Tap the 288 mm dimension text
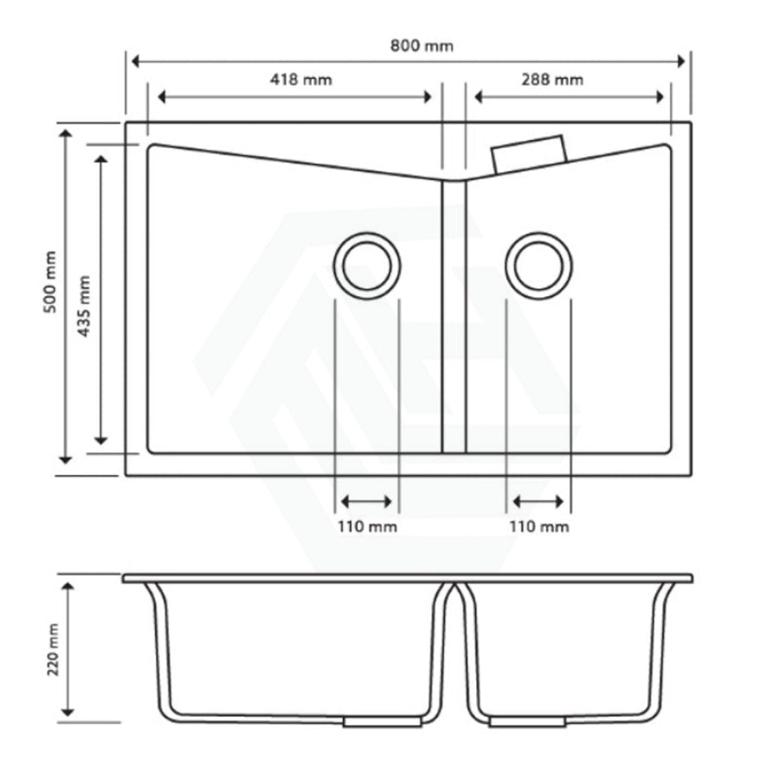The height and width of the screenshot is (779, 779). [552, 80]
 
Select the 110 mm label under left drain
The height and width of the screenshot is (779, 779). [367, 526]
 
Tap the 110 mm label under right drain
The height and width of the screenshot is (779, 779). [539, 526]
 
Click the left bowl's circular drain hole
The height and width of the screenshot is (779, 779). [367, 266]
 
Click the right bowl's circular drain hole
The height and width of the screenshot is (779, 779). [538, 266]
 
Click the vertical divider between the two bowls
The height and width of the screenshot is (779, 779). [454, 316]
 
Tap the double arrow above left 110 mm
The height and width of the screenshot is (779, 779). [367, 501]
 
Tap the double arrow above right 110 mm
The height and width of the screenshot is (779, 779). [538, 501]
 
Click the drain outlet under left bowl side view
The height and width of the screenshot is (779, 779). [383, 721]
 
